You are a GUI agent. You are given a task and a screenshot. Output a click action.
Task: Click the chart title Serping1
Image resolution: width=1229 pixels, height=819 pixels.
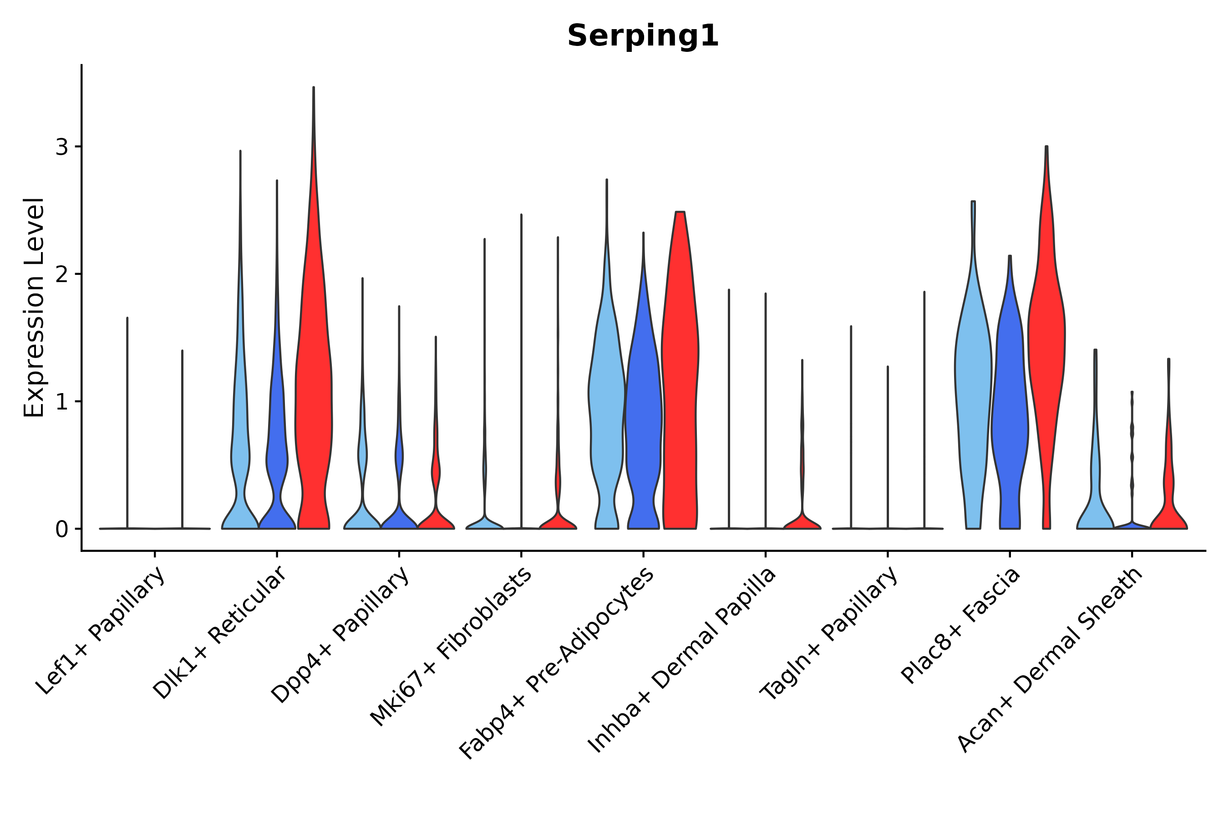pos(643,36)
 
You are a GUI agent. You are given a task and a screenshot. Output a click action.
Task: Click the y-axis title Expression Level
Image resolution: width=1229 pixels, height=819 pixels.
pos(35,307)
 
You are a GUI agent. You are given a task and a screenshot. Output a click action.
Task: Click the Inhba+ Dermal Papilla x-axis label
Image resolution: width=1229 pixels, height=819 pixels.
pos(682,660)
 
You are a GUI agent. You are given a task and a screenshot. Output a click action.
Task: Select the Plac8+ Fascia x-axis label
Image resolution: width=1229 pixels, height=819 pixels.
pos(960,625)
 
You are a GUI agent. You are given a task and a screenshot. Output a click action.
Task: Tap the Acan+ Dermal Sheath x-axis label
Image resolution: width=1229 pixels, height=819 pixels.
pos(1050,659)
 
